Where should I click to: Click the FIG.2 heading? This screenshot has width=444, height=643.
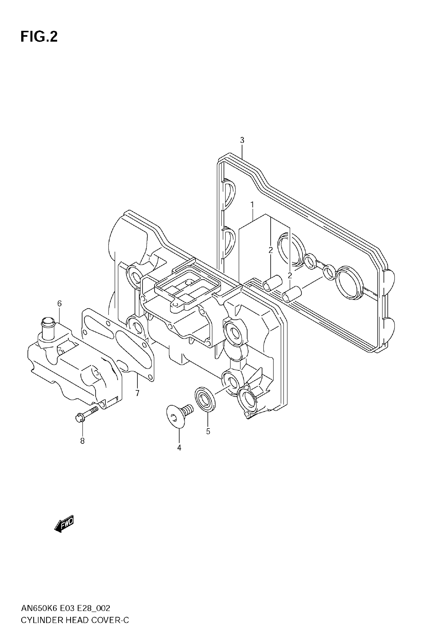[x=39, y=37]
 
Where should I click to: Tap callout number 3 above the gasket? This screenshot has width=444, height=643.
[x=242, y=140]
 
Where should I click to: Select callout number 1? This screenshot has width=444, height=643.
[x=252, y=205]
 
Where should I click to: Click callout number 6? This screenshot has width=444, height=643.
[x=60, y=303]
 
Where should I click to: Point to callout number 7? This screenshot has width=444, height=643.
[x=137, y=393]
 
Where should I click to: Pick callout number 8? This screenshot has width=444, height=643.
[x=82, y=441]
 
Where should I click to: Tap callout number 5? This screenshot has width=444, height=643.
[x=208, y=431]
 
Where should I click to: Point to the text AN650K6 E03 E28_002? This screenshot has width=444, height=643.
[x=66, y=608]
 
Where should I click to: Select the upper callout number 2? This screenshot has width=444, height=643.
[x=271, y=250]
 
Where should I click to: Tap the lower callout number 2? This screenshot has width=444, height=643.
[x=290, y=275]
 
